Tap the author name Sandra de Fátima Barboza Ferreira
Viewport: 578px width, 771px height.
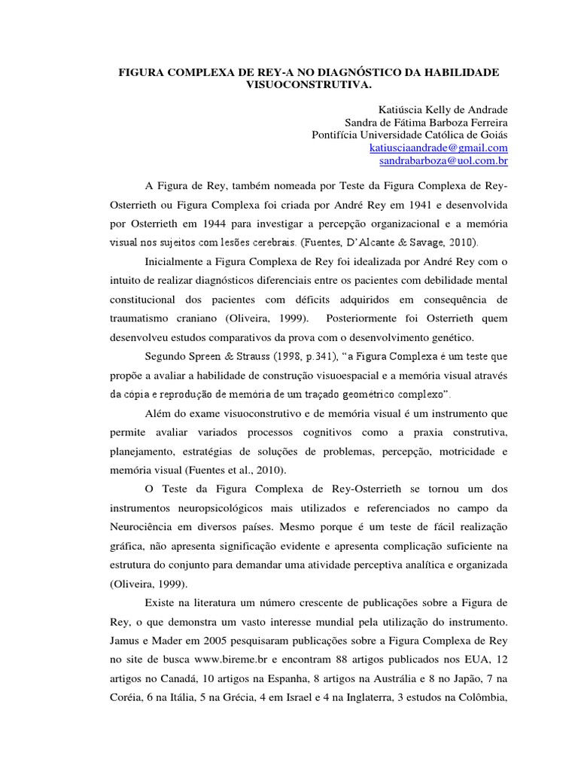426,122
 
